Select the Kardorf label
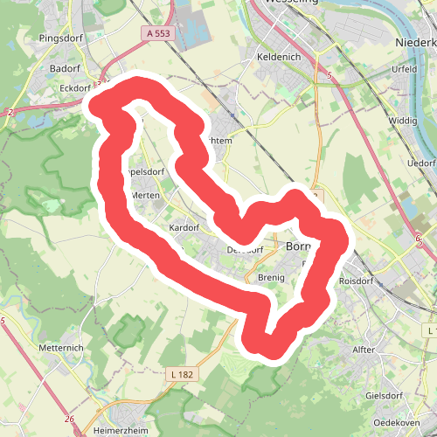click(x=184, y=227)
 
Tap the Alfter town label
click(x=363, y=350)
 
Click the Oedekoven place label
click(x=397, y=422)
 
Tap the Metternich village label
click(x=62, y=347)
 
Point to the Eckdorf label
click(x=71, y=87)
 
